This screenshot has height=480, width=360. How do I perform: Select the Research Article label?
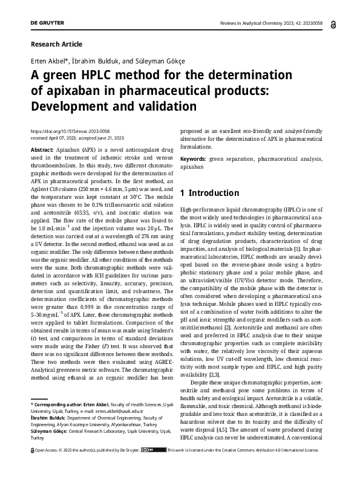click(56, 44)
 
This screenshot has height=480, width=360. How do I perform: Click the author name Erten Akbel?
click(45, 62)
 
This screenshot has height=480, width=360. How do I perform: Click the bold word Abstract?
click(42, 148)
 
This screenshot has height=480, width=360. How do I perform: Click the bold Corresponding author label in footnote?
click(61, 403)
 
